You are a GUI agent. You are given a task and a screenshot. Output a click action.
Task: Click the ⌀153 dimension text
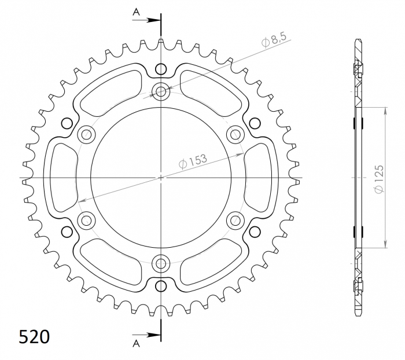tap(193, 161)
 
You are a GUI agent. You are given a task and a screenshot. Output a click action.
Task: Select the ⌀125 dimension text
tap(379, 179)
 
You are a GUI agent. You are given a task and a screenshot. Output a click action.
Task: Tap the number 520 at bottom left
tap(34, 337)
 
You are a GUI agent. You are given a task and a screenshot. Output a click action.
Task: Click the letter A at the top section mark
tap(136, 12)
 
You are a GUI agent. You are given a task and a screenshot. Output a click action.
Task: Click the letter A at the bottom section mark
tap(136, 343)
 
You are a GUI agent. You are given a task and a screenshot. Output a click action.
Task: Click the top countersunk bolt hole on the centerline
tap(161, 91)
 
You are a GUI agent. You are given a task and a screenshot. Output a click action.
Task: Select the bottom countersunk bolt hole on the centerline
tap(161, 264)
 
